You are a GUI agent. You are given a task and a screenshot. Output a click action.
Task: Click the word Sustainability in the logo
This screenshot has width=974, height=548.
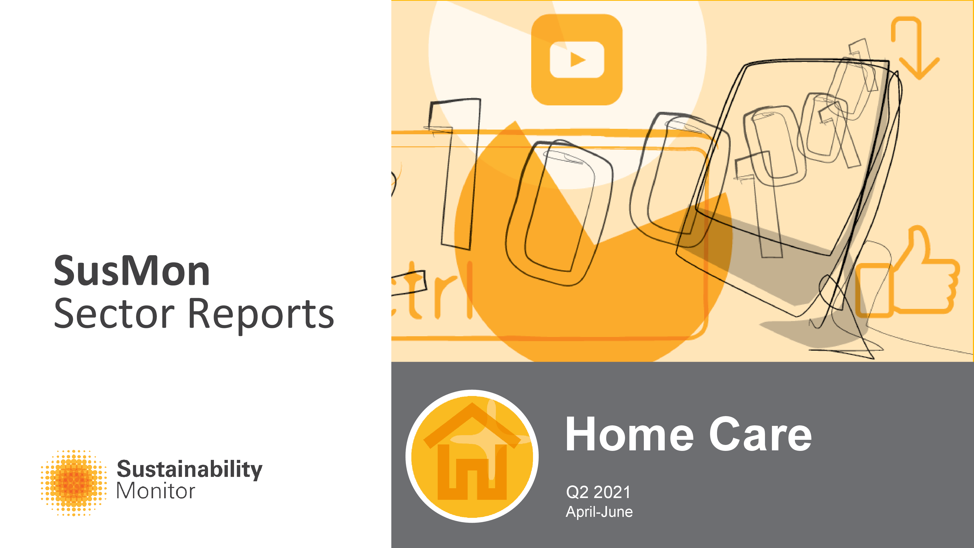pyautogui.click(x=189, y=469)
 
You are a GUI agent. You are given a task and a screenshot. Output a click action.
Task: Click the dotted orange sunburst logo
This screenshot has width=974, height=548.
pyautogui.click(x=74, y=483)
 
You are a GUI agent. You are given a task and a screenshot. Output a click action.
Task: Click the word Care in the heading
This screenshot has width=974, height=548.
pyautogui.click(x=760, y=435)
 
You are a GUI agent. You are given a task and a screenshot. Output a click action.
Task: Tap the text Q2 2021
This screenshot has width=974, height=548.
pyautogui.click(x=598, y=492)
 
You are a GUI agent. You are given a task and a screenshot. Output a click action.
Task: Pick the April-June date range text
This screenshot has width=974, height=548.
pyautogui.click(x=599, y=512)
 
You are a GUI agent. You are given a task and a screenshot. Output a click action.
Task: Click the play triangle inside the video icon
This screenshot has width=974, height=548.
pyautogui.click(x=577, y=60)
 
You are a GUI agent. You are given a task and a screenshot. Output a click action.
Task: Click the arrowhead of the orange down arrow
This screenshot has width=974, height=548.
pyautogui.click(x=919, y=68)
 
